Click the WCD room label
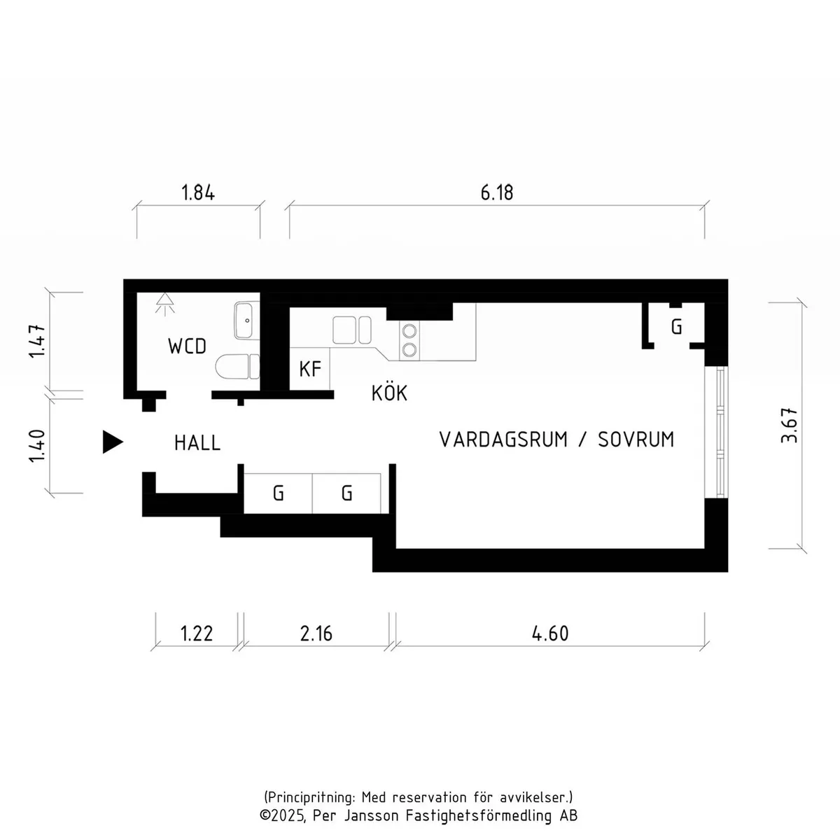(x=187, y=346)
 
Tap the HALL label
(x=197, y=443)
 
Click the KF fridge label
(x=310, y=369)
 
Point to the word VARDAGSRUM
(x=503, y=440)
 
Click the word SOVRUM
(x=636, y=440)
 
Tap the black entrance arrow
(x=113, y=442)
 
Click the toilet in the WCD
(x=237, y=366)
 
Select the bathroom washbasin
(x=246, y=321)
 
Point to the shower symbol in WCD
(x=164, y=304)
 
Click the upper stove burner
(x=409, y=331)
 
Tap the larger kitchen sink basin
(x=344, y=330)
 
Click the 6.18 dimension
(x=497, y=192)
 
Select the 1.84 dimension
(x=198, y=192)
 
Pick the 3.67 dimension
(x=789, y=426)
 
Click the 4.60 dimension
(x=551, y=633)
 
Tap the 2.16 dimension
(x=316, y=633)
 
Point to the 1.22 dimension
(x=197, y=633)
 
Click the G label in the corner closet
(x=676, y=326)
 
